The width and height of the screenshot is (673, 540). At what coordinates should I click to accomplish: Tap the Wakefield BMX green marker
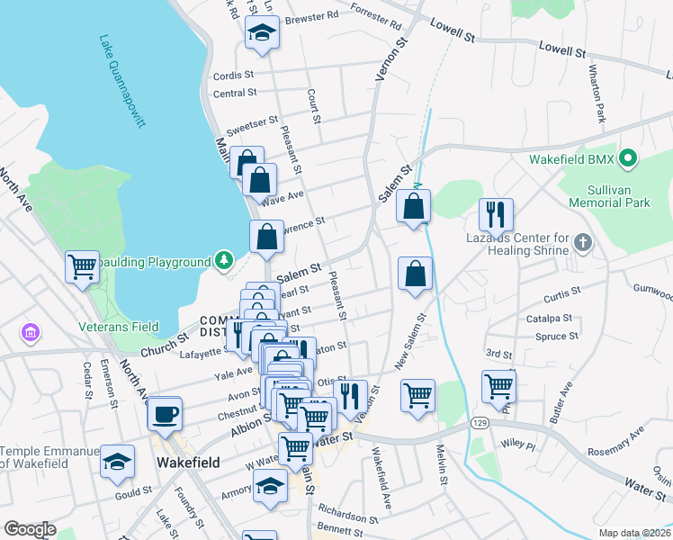(630, 161)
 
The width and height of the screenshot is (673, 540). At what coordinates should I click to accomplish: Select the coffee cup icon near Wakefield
(165, 414)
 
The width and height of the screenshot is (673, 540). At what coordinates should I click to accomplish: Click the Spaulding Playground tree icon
(224, 262)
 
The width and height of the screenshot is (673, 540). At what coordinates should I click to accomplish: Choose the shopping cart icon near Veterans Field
(82, 266)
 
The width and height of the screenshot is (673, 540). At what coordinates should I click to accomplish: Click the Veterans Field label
(119, 327)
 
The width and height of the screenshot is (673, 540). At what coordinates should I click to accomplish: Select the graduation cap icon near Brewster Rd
(262, 31)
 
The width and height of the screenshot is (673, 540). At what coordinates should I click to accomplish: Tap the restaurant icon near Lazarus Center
(495, 214)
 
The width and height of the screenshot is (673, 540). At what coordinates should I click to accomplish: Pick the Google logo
(30, 529)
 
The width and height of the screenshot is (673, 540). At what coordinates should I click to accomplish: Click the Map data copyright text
(634, 533)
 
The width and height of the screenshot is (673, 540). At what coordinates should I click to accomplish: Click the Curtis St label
(562, 296)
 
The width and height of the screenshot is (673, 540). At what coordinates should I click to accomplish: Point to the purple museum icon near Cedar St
(31, 334)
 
